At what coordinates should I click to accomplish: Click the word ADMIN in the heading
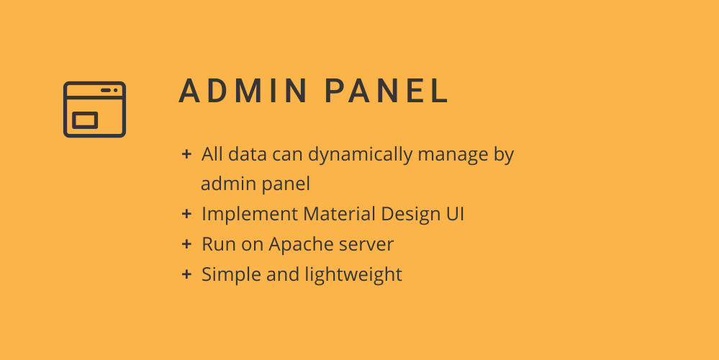243,91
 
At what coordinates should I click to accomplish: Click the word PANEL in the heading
386,91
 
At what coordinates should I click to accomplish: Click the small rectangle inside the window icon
86,120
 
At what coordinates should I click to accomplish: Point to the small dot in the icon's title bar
116,90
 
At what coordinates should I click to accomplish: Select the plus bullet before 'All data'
186,154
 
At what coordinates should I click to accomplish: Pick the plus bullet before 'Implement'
186,214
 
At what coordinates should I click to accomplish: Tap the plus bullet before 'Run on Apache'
186,244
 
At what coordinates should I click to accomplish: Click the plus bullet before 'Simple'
186,274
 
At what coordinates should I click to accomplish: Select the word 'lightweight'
353,275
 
